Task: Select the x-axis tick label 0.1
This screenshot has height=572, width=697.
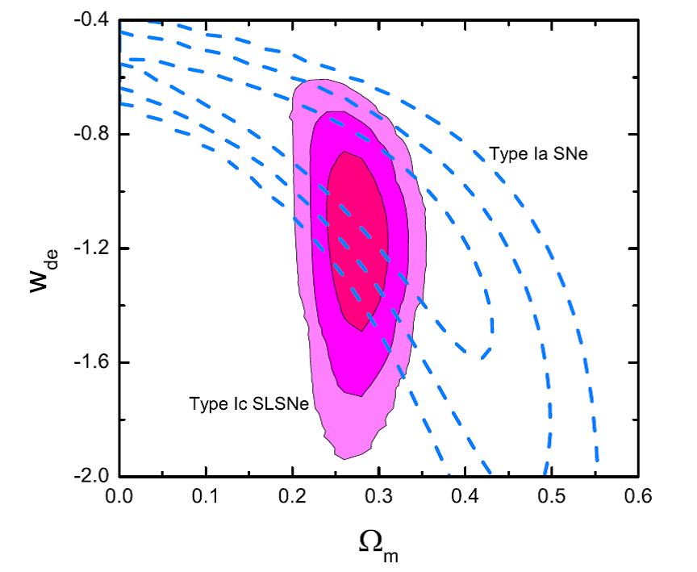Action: coord(206,495)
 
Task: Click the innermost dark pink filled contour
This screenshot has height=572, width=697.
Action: coord(357,242)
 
